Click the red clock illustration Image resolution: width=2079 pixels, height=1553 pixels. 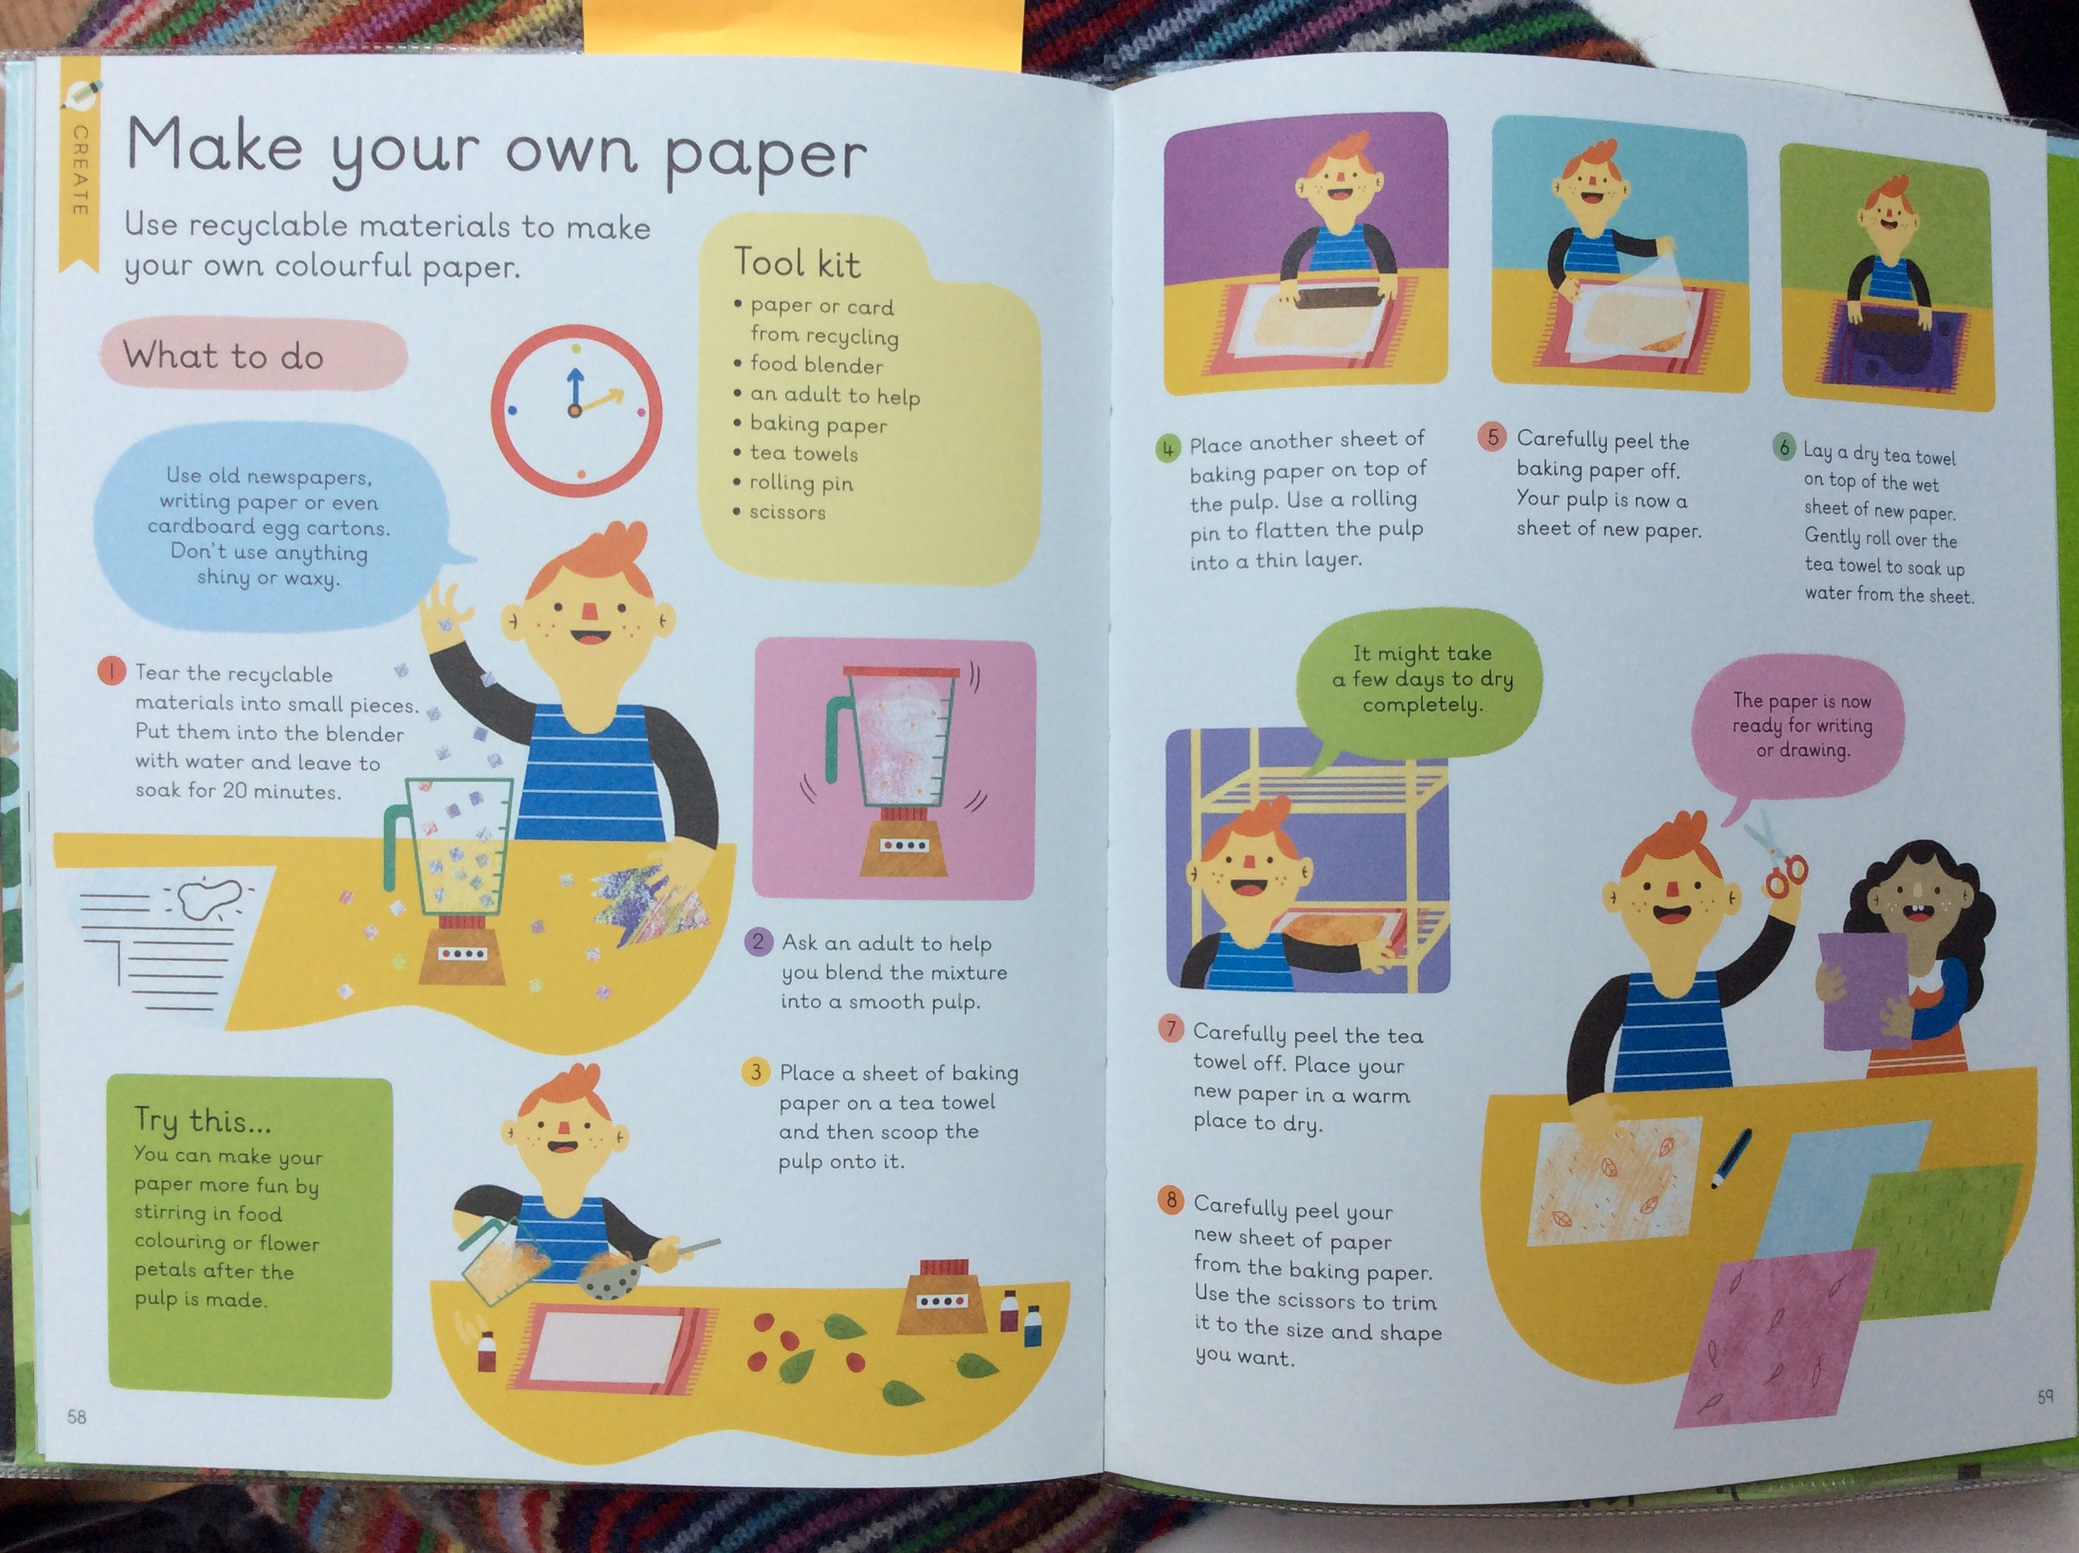[575, 411]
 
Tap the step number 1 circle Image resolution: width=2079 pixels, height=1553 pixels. [111, 671]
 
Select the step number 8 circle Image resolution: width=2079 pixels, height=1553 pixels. [1171, 1199]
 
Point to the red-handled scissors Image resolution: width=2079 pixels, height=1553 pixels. [1774, 860]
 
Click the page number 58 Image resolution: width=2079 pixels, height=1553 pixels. [76, 1417]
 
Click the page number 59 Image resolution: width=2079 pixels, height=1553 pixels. [2045, 1396]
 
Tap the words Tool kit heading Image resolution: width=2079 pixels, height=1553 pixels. [796, 262]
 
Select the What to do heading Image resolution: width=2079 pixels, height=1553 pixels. [224, 356]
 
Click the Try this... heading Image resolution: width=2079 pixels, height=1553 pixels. [202, 1120]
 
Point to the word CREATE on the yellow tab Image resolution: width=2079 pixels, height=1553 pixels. [80, 170]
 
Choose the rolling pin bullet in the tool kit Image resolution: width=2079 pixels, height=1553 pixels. [793, 483]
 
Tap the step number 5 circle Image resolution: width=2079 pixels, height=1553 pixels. [1492, 437]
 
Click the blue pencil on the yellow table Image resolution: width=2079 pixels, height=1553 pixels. [1730, 1158]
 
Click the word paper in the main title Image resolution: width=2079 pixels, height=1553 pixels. [765, 158]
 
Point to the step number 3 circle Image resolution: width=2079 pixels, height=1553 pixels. [756, 1072]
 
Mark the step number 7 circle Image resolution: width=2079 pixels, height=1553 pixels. [1171, 1028]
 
